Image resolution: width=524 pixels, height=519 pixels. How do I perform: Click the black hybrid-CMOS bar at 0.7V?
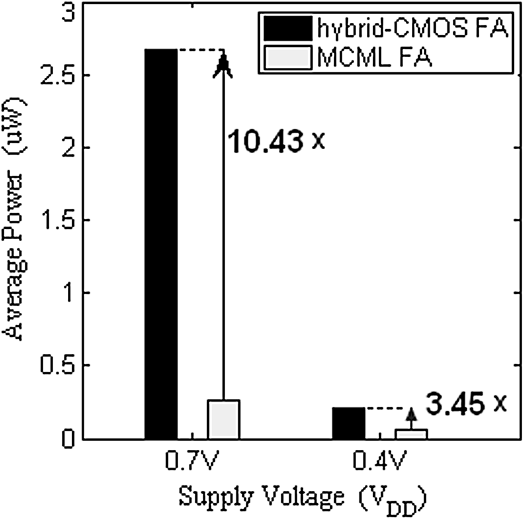(x=161, y=244)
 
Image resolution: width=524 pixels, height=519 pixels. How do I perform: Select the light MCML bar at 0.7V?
(x=223, y=419)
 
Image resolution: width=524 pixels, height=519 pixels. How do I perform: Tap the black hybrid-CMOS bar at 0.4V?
(x=348, y=423)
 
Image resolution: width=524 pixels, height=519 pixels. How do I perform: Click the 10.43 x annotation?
(x=276, y=141)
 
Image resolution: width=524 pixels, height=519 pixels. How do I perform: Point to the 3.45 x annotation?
(x=465, y=403)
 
